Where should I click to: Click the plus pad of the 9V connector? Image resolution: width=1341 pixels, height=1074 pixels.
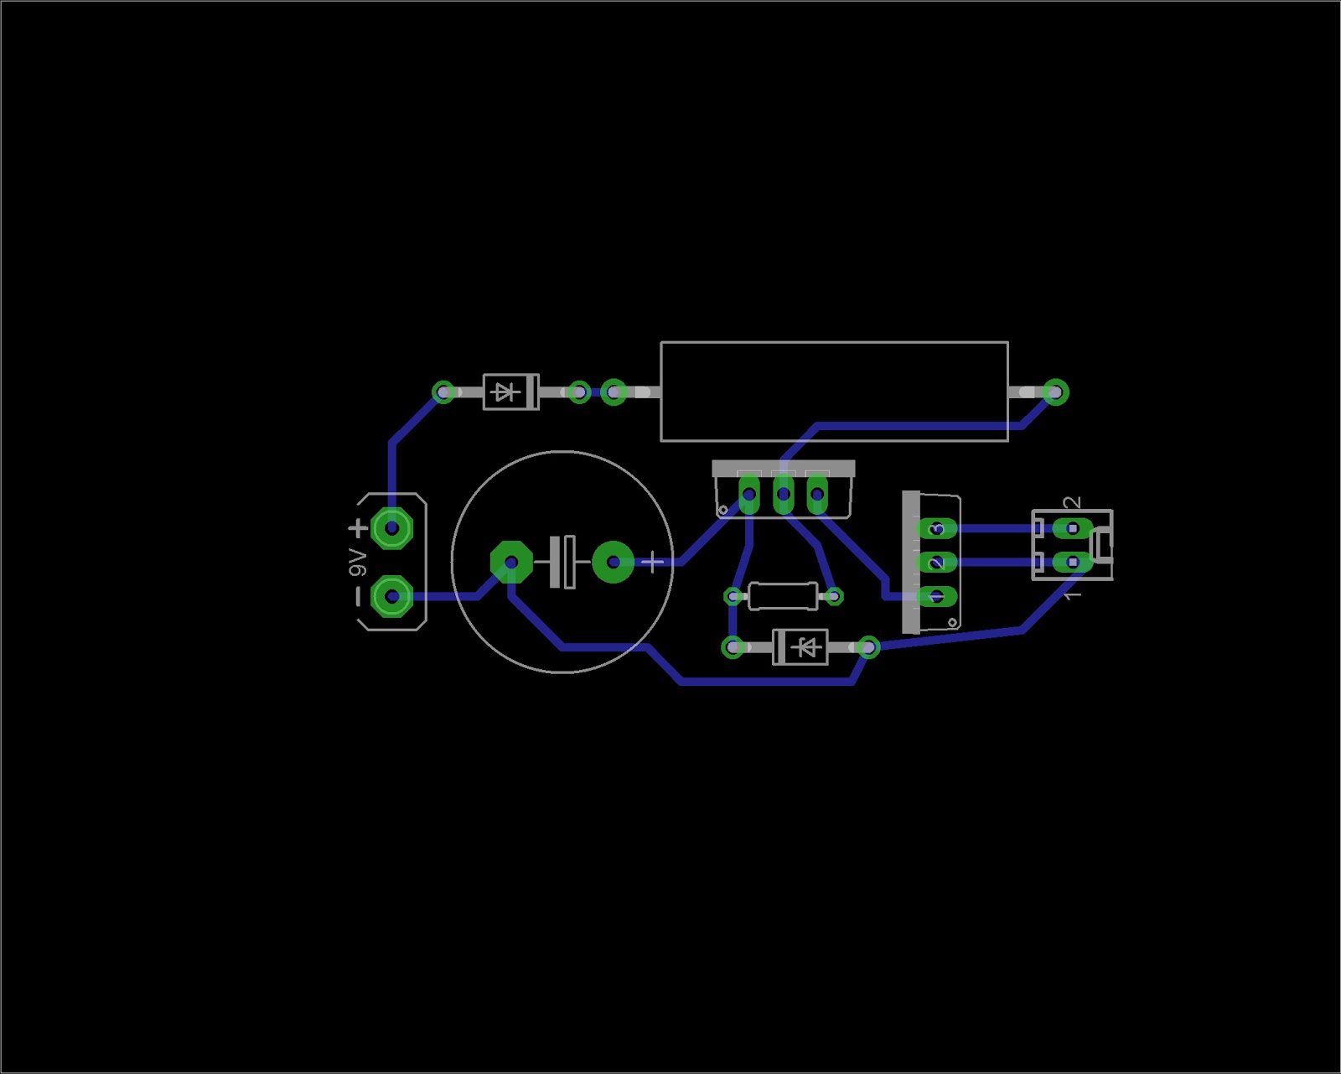391,528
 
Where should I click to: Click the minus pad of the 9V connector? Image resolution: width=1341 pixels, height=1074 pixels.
391,596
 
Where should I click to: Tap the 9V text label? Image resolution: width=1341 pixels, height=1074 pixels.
358,563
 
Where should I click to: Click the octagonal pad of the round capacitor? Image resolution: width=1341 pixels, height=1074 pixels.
511,562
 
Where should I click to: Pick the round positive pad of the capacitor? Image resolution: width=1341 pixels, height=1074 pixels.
613,562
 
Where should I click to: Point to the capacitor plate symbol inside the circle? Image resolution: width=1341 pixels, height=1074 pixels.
562,562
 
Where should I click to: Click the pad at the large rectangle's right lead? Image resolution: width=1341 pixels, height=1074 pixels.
1055,392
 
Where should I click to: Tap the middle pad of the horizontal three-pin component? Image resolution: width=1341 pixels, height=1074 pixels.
783,494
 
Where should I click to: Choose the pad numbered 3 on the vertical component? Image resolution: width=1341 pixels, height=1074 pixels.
937,528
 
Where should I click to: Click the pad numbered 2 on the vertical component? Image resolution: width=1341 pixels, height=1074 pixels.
937,562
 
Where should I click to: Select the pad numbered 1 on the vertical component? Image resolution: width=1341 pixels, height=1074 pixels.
937,596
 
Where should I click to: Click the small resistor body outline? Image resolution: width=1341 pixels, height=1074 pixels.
783,596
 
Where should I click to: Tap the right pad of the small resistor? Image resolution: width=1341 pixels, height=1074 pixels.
834,596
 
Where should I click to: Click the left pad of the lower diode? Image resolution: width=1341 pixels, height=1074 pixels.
733,647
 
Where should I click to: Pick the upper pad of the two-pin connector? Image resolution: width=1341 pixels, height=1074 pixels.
1072,528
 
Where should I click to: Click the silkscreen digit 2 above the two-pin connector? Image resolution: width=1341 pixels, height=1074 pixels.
1072,503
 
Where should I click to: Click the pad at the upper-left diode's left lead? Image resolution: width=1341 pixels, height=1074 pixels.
443,392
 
